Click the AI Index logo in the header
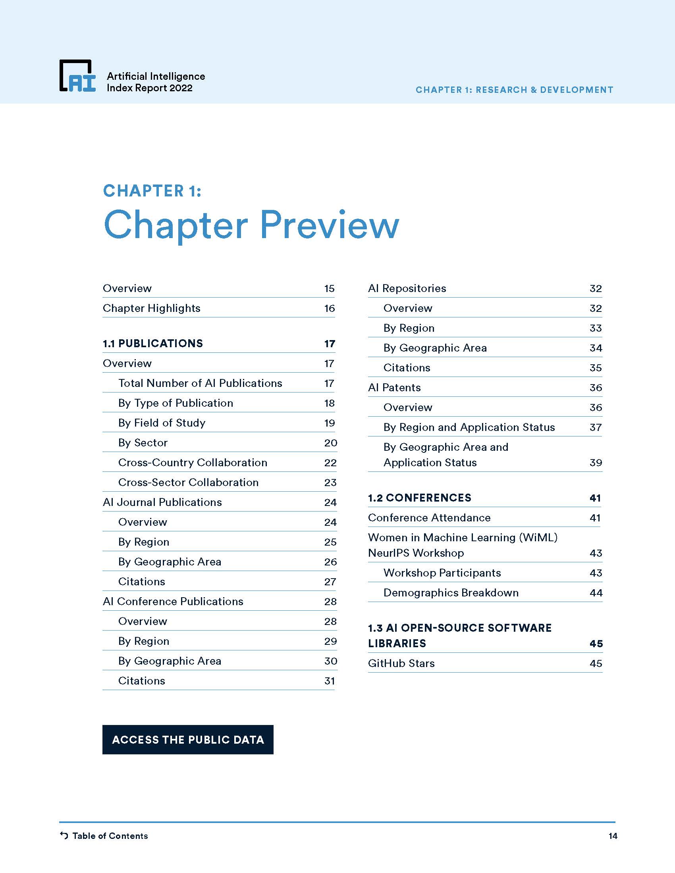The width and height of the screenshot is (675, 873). (77, 76)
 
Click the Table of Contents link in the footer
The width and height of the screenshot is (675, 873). (110, 836)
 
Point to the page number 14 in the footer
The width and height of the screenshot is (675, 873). (613, 836)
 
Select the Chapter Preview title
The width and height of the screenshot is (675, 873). (251, 225)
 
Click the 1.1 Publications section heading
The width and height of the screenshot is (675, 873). (153, 343)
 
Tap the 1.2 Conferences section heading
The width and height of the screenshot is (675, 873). (419, 498)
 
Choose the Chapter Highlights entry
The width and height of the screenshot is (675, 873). (152, 308)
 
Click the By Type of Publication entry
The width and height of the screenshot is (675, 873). (175, 403)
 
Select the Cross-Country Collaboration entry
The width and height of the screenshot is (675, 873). (193, 462)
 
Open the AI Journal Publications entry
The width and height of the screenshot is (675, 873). (162, 502)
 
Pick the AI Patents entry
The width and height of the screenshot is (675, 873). (394, 387)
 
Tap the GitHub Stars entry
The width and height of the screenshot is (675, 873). (401, 663)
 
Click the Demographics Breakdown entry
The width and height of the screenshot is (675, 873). (451, 592)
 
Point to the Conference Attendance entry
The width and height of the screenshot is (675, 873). (429, 517)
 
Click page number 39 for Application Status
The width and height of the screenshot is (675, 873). (596, 462)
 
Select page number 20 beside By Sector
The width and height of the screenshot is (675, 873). (330, 442)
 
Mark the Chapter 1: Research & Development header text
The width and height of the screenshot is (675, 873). (514, 90)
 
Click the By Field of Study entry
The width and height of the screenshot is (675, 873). (162, 423)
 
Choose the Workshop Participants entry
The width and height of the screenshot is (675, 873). (442, 573)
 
